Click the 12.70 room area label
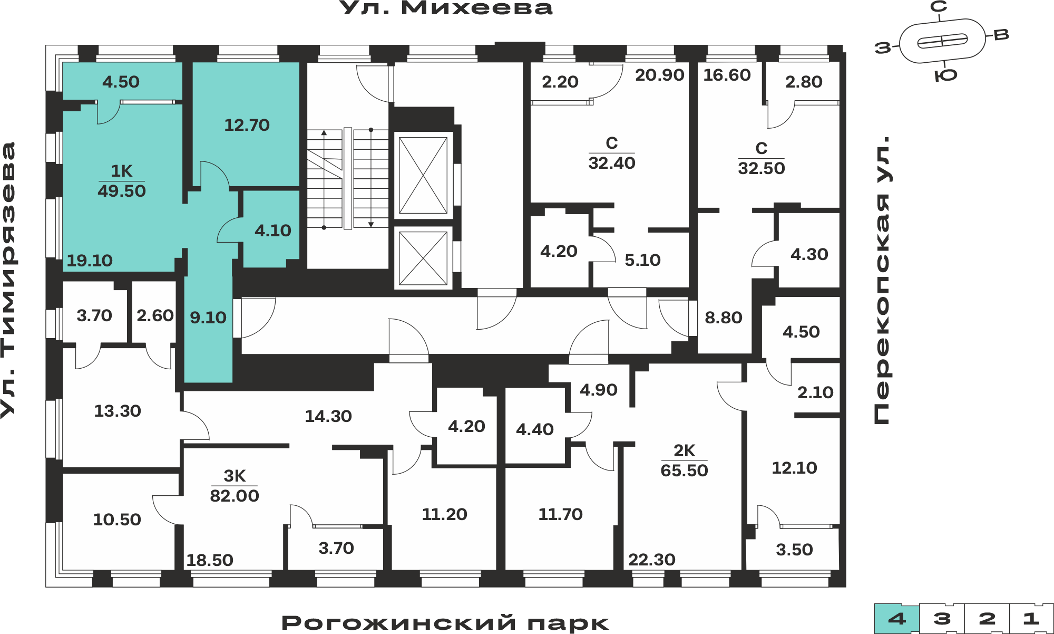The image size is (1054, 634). point(247,125)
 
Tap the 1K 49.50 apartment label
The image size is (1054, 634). point(122,181)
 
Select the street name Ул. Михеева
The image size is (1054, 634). point(446,8)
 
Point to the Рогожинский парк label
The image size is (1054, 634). point(445,622)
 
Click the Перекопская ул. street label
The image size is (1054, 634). point(881,280)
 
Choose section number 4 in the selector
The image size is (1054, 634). point(897,619)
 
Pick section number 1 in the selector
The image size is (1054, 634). point(1031,619)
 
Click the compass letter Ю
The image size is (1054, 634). point(946,75)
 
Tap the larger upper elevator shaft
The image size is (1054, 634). point(423,175)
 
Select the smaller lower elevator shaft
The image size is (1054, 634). point(423,258)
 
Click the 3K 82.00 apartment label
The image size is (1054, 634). point(235,486)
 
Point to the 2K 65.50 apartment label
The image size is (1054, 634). point(684,460)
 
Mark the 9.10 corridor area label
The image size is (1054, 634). point(208,318)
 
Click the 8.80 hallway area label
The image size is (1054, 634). point(724,318)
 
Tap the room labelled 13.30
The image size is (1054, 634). point(118,411)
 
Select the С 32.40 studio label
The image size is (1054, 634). point(612,153)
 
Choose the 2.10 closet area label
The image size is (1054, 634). point(815,392)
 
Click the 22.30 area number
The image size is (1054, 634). point(652,560)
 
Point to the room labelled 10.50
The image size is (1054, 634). point(117,520)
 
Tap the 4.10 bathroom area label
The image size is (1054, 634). point(273,230)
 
